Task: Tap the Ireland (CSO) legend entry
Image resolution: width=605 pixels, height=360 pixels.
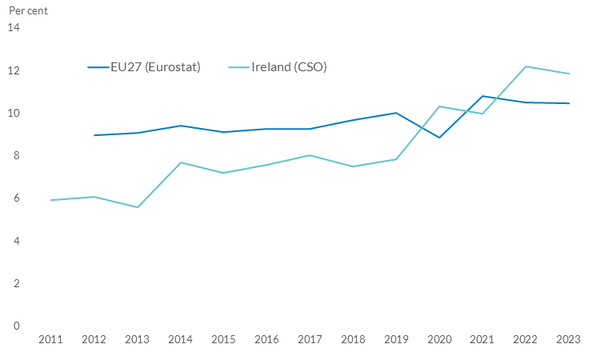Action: pos(289,66)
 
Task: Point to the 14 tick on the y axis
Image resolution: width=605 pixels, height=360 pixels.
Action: pos(13,28)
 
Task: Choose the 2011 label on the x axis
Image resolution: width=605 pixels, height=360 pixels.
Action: pos(51,340)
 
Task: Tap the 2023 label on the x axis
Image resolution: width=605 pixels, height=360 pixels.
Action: pos(569,340)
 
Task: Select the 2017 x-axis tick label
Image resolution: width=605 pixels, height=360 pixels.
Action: pos(310,340)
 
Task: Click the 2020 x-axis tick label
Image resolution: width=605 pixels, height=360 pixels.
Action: pos(439,340)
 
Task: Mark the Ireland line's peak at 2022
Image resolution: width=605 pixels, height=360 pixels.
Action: pos(526,66)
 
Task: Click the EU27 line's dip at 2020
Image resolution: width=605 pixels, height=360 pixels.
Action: pos(439,138)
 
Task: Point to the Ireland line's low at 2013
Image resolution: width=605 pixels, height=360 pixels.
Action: pos(138,207)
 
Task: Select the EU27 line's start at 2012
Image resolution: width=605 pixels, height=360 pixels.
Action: pos(94,135)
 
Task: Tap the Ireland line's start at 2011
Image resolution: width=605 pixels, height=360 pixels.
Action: pos(51,200)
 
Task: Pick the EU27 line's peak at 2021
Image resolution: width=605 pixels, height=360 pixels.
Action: pos(483,96)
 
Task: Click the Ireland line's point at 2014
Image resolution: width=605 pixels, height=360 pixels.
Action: pos(181,162)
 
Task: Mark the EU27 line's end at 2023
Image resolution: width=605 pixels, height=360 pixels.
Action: pos(569,103)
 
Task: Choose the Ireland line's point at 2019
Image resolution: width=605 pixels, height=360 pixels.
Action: pos(396,159)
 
